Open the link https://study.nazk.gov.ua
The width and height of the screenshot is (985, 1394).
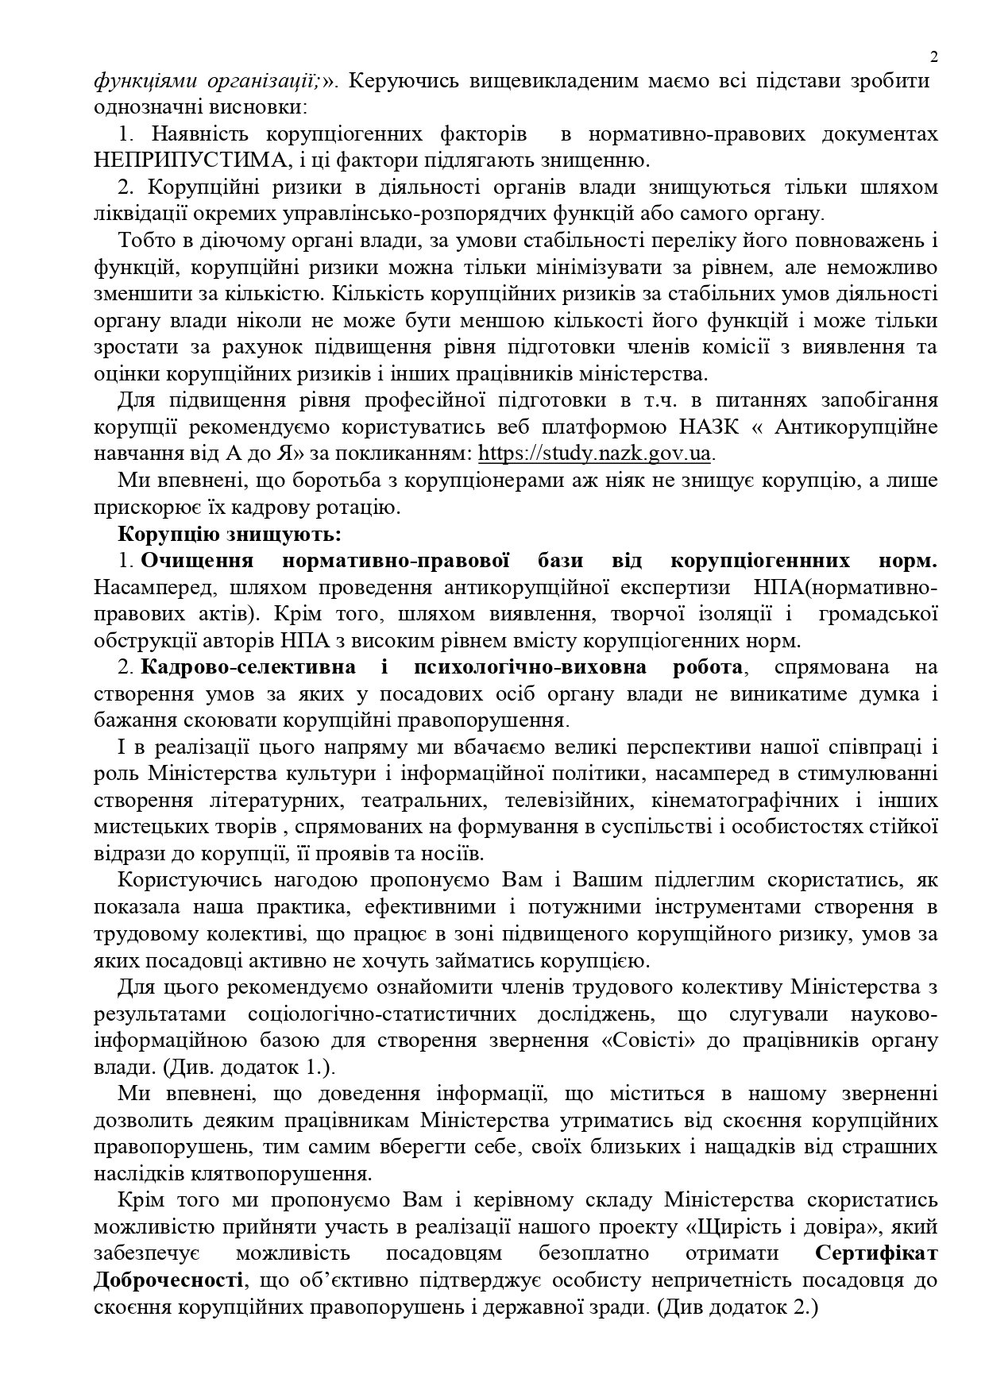(595, 454)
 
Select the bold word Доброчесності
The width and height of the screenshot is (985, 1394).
(168, 1280)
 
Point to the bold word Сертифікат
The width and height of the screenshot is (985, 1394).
(875, 1253)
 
